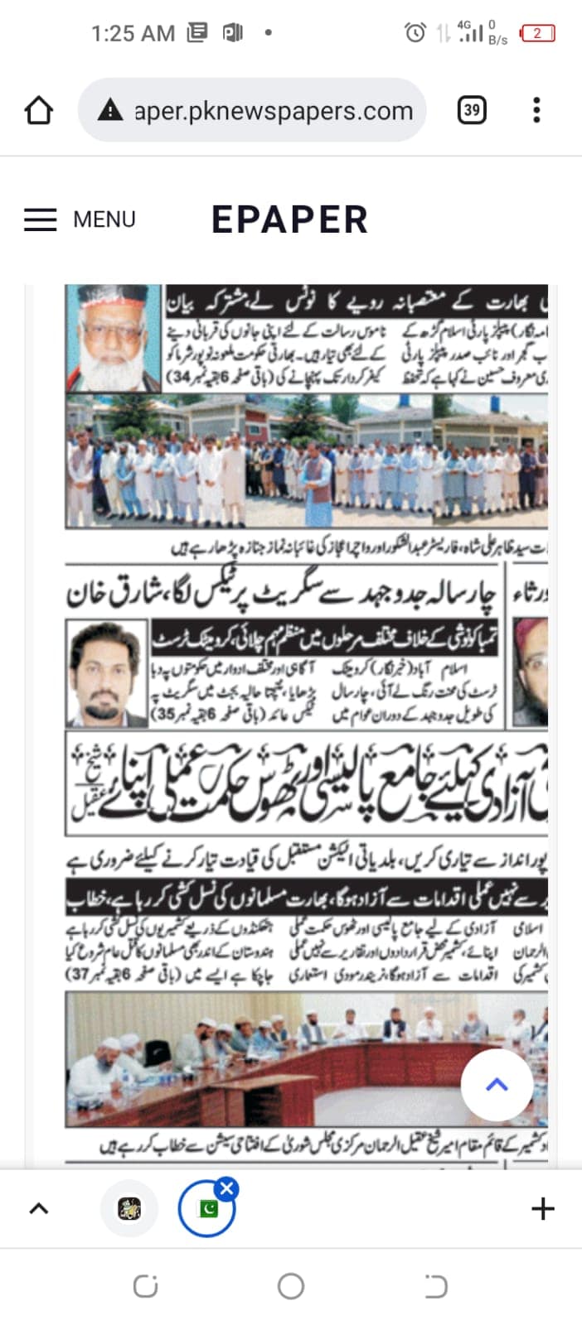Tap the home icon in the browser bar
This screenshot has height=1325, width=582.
tap(39, 110)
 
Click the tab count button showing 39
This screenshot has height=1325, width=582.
tap(472, 110)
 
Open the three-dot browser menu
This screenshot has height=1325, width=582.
tap(536, 110)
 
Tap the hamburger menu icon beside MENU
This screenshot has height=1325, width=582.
tap(40, 219)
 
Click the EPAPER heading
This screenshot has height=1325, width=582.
tap(289, 219)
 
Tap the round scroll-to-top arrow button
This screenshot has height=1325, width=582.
tap(497, 1085)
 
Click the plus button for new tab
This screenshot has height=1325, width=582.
tap(542, 1209)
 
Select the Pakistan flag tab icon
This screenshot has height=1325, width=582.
tap(207, 1210)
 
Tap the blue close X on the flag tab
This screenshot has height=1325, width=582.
tap(226, 1189)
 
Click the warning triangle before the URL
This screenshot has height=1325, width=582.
tap(110, 110)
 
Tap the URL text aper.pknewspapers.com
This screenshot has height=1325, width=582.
tap(274, 111)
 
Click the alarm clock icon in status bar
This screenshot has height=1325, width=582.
tap(415, 33)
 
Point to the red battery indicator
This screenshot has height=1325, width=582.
tap(537, 33)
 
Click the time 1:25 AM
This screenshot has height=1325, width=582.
tap(133, 33)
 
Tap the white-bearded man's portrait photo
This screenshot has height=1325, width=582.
tap(113, 338)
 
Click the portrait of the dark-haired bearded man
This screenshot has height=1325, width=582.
tap(105, 672)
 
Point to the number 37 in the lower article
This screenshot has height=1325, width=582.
tap(80, 975)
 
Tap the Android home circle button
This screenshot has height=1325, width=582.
tap(291, 1286)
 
